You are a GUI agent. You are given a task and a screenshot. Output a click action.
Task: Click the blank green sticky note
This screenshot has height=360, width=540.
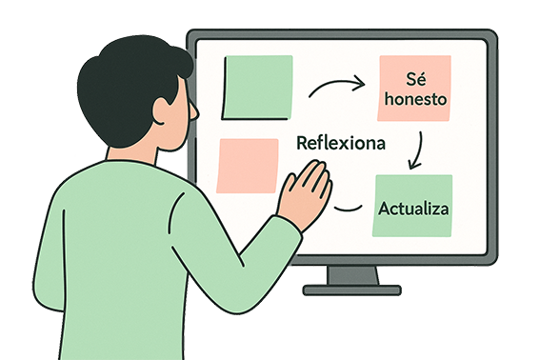pos(257,88)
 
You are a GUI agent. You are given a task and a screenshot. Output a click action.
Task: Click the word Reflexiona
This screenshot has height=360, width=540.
pos(341,144)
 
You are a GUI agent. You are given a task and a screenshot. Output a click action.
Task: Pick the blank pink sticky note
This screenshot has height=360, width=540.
pos(247,166)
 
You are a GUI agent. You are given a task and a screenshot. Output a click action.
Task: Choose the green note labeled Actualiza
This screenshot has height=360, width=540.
pos(413,205)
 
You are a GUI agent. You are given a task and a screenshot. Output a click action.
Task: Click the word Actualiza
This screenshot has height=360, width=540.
pos(413,208)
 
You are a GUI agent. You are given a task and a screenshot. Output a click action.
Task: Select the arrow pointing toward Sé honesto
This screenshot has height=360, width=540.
pos(337,87)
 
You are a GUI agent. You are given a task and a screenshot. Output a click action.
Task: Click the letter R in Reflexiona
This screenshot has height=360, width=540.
pos(303,144)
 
